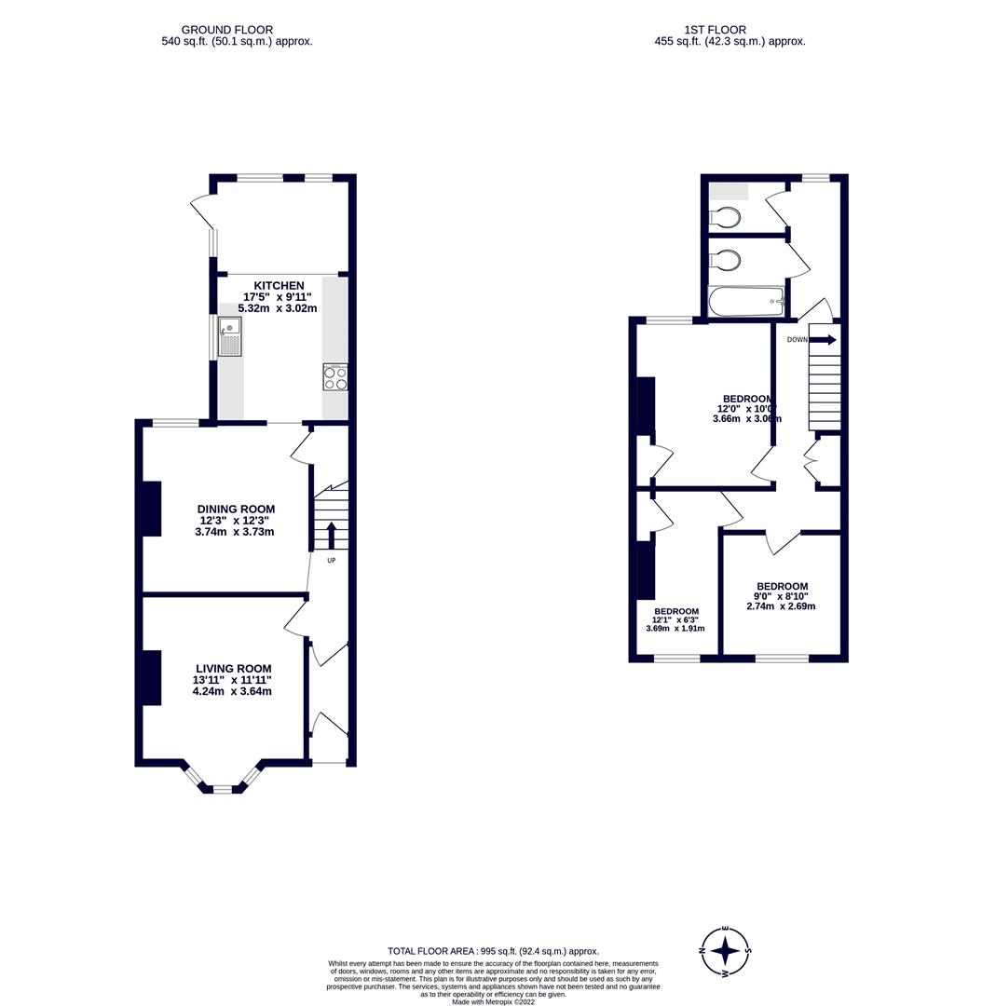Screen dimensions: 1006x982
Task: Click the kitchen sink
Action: [x=228, y=337]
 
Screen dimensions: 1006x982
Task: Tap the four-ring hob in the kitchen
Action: [x=335, y=377]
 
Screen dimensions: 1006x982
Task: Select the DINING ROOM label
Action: [x=236, y=509]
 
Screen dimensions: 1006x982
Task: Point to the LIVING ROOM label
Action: [x=233, y=668]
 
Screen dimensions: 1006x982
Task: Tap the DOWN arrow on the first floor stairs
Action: [x=825, y=340]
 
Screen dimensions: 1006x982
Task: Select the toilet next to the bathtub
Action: [x=725, y=259]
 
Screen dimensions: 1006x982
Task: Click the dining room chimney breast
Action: [x=151, y=509]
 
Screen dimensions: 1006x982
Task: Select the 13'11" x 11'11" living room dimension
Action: [x=233, y=680]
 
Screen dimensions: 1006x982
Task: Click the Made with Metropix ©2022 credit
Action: [x=494, y=1001]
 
